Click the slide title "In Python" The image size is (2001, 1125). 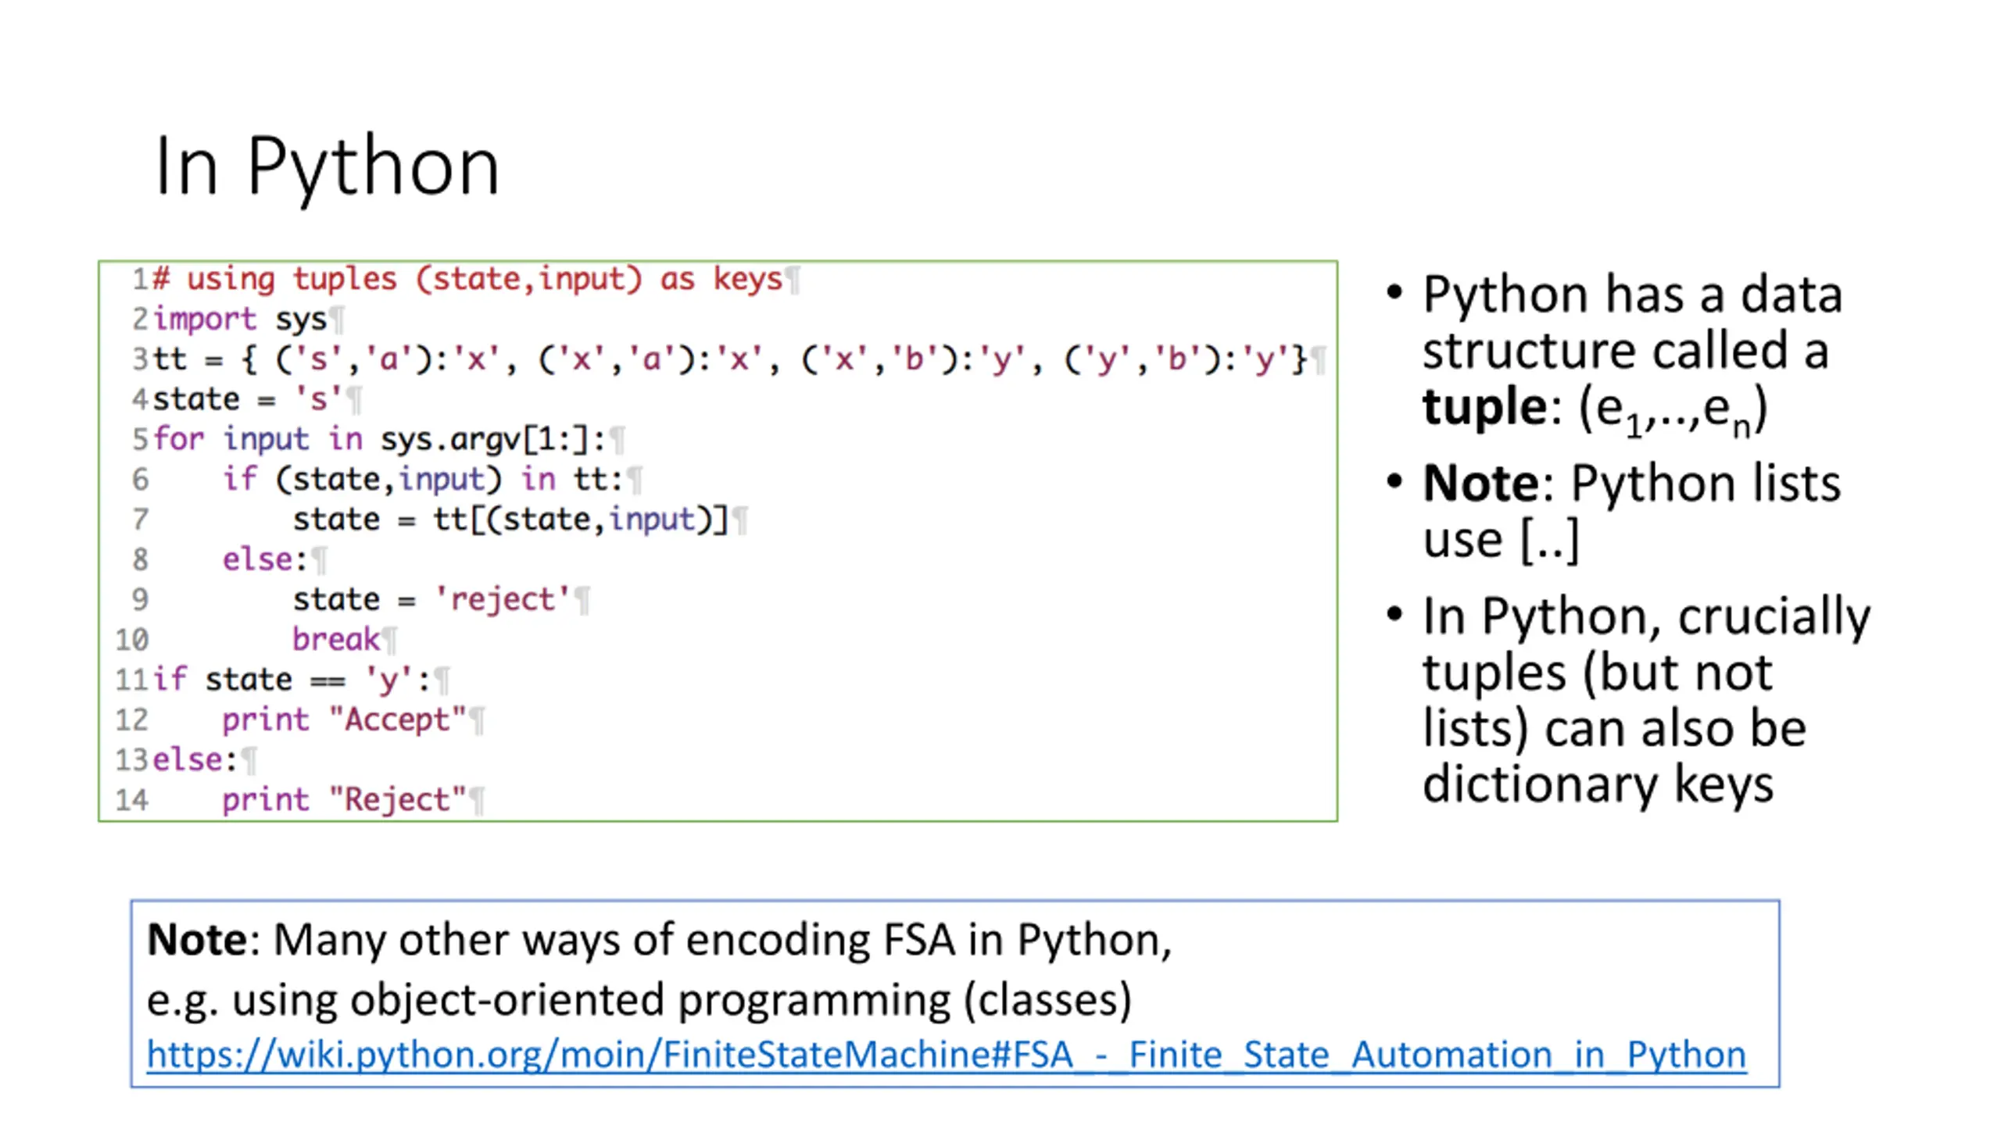point(327,166)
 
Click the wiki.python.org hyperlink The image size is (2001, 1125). point(946,1055)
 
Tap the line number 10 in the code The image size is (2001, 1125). point(131,640)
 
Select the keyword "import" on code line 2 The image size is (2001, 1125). point(204,319)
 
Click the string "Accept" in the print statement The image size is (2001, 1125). point(398,720)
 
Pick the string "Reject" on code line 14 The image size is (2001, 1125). point(398,800)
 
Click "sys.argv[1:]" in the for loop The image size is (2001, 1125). point(492,439)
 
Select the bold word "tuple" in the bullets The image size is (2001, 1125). point(1483,407)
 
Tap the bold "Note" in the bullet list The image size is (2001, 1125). point(1480,483)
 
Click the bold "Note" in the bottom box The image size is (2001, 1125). point(197,939)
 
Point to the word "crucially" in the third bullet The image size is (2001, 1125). point(1774,616)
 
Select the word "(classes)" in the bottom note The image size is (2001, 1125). point(1047,999)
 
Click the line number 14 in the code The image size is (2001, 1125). point(131,800)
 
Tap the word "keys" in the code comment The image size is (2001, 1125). point(747,279)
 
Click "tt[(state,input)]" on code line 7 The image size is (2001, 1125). point(581,520)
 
